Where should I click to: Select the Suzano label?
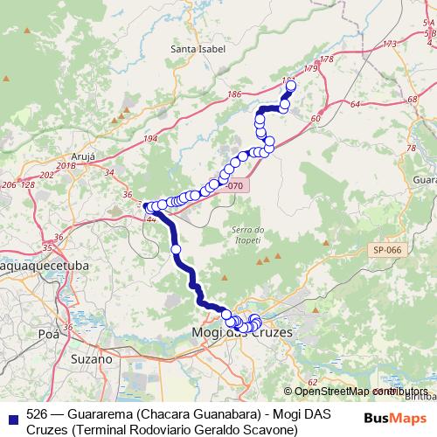click(x=91, y=358)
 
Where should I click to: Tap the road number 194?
click(x=150, y=139)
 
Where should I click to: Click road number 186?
click(x=233, y=93)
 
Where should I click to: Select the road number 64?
click(x=355, y=105)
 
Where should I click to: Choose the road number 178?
click(x=328, y=59)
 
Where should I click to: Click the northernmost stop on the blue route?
click(x=291, y=86)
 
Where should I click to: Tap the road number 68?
click(x=411, y=99)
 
